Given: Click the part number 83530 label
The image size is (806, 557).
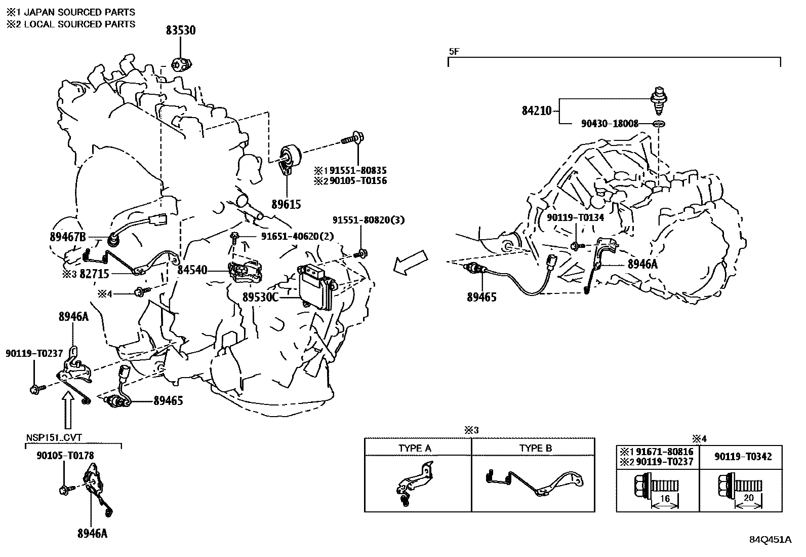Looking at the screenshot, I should (181, 30).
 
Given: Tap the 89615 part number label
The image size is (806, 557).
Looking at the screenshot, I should (286, 204).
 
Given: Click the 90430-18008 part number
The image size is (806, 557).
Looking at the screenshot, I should (609, 123).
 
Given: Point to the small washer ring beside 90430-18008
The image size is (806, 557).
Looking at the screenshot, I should (659, 124).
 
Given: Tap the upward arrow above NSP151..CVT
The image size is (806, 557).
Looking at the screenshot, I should (69, 411).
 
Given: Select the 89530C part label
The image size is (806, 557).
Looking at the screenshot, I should (260, 298).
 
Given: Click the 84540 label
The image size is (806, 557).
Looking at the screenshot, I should (192, 270).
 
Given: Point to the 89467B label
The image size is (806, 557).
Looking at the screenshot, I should (68, 237).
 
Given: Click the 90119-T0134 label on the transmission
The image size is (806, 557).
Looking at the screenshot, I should (575, 217).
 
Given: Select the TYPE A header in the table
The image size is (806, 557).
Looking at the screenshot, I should (415, 449).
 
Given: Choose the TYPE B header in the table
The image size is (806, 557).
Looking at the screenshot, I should (535, 449).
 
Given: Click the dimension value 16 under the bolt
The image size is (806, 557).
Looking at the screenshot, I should (665, 499).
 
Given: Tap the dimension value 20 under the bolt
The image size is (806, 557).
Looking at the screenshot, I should (748, 498).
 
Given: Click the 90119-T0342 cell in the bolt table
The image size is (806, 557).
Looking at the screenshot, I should (743, 457).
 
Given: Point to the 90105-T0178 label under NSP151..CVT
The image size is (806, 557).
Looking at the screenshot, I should (65, 456).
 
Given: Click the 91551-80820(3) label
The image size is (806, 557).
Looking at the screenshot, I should (368, 220).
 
